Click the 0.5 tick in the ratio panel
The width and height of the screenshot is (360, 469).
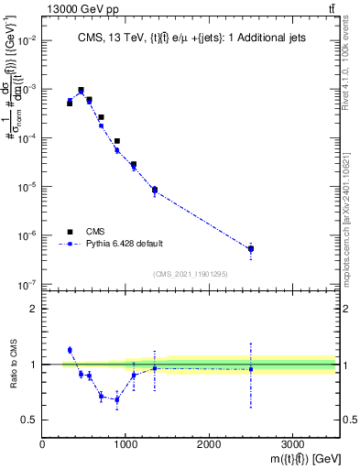click(31, 420)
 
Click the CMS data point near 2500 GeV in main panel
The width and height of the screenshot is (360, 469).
click(250, 248)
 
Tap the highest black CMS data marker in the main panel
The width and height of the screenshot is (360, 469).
click(81, 91)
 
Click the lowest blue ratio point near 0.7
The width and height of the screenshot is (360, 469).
click(116, 400)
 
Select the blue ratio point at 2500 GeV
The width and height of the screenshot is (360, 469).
click(250, 369)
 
